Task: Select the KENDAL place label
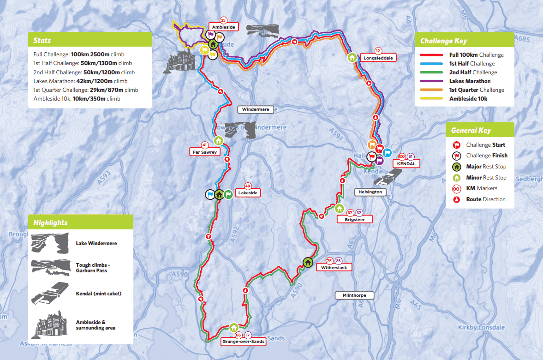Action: (406, 164)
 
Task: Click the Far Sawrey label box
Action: (204, 151)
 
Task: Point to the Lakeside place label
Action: (248, 193)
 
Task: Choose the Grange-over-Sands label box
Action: (243, 342)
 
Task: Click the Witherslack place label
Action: (334, 267)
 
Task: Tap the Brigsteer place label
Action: (354, 220)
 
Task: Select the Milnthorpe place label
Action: (354, 295)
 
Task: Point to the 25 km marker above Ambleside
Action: (223, 20)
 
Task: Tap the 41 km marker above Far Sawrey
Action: (204, 144)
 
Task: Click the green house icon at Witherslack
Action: (308, 263)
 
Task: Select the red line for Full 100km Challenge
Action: (432, 55)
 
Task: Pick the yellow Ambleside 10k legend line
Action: (432, 99)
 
